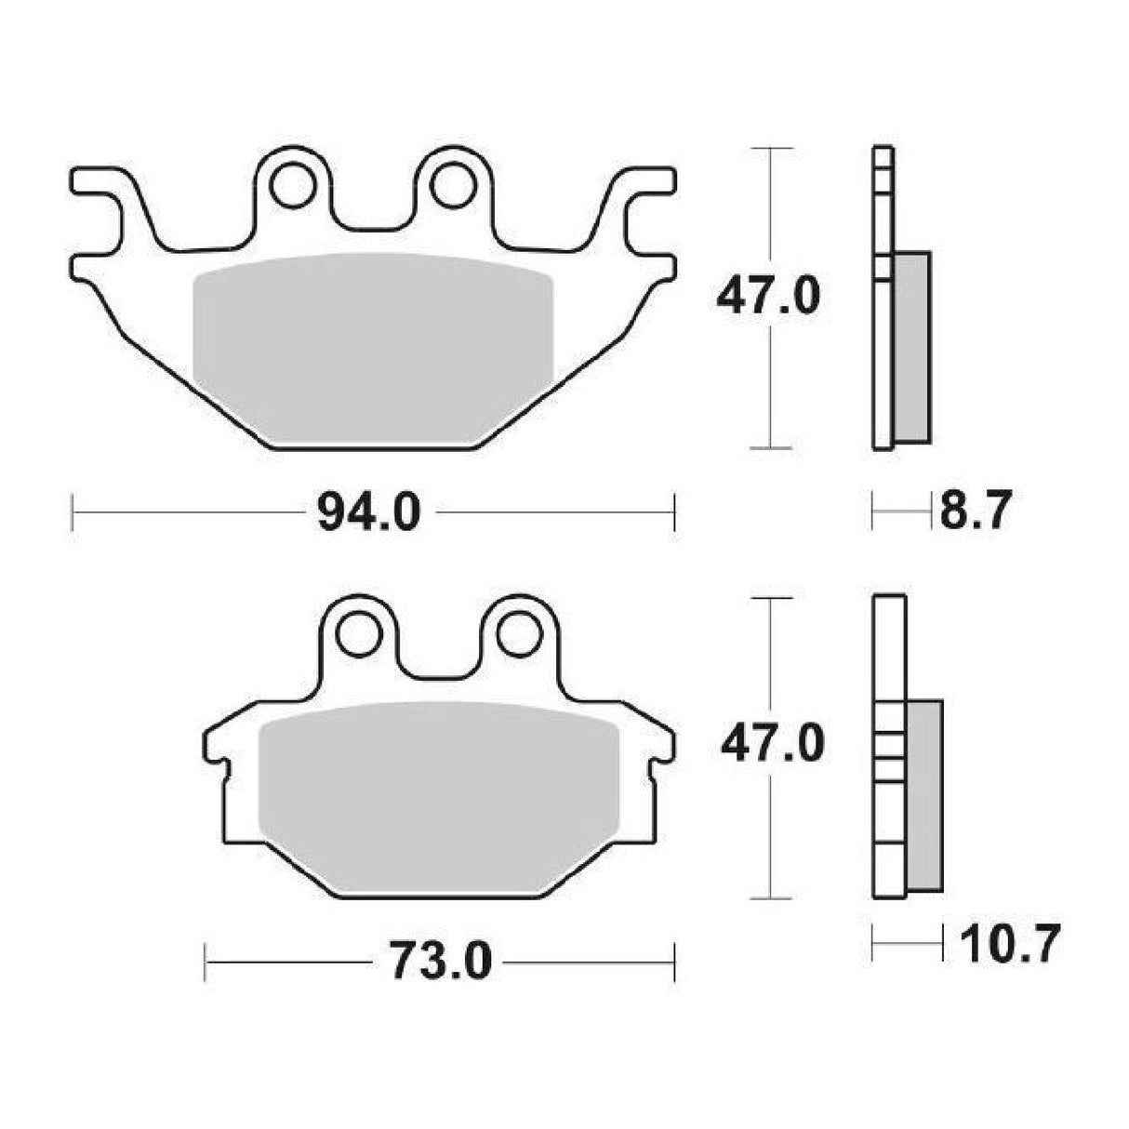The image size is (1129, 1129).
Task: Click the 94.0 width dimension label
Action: pyautogui.click(x=369, y=512)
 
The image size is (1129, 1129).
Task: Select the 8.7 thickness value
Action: pyautogui.click(x=976, y=511)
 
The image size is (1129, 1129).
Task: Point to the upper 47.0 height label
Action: pyautogui.click(x=767, y=296)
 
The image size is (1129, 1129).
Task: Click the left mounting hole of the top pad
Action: pyautogui.click(x=291, y=185)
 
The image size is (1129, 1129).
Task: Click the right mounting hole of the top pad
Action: pyautogui.click(x=452, y=185)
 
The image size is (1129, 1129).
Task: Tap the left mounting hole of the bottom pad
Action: pyautogui.click(x=358, y=634)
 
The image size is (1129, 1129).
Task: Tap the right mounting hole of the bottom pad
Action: pyautogui.click(x=518, y=634)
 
